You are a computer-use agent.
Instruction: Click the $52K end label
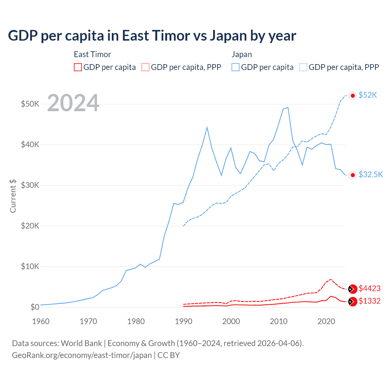[368, 95]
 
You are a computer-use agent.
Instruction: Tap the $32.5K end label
[371, 175]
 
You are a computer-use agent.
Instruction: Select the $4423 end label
[369, 289]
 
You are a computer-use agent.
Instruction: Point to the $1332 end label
[369, 301]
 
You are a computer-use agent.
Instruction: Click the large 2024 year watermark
[73, 103]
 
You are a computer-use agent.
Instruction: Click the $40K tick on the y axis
[30, 144]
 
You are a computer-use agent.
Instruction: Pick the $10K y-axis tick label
[30, 266]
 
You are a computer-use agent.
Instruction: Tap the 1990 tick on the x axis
[183, 321]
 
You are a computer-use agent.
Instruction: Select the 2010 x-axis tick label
[279, 321]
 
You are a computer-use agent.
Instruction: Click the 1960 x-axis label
[41, 321]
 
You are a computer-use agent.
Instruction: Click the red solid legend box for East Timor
[78, 67]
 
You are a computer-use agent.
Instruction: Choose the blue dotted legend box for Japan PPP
[303, 67]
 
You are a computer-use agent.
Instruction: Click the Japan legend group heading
[242, 55]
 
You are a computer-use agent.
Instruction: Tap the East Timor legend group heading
[92, 55]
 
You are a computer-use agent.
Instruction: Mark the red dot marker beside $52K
[353, 96]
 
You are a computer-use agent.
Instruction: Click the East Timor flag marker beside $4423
[353, 289]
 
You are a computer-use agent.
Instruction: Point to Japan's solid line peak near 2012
[288, 108]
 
